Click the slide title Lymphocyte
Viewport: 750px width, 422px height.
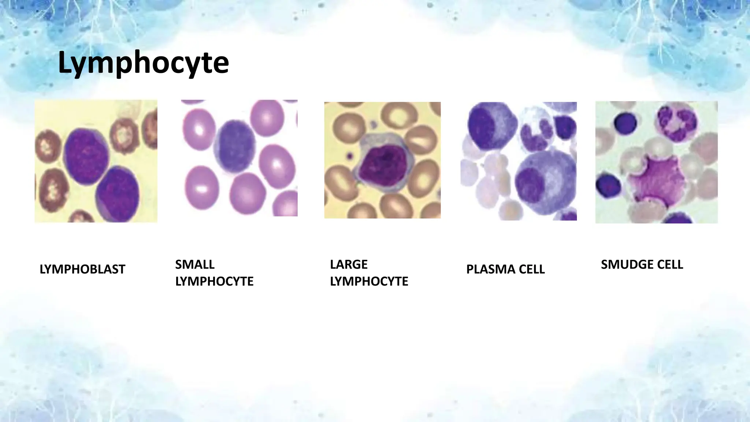coord(143,63)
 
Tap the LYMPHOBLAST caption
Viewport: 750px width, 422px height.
coord(82,269)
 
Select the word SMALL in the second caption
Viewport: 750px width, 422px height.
coord(195,264)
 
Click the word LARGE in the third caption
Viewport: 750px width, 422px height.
coord(349,264)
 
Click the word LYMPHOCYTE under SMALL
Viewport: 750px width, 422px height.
coord(214,281)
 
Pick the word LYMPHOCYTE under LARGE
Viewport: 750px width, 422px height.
coord(369,281)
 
